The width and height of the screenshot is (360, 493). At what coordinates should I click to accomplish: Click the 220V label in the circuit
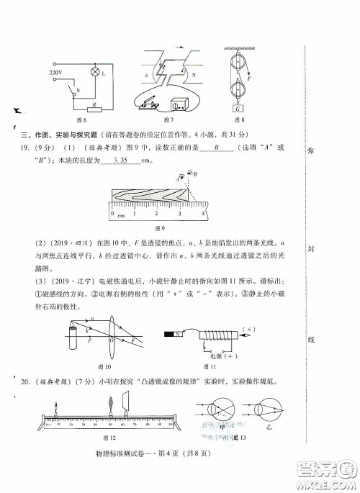[55, 73]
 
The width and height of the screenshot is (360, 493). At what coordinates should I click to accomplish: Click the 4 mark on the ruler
[204, 213]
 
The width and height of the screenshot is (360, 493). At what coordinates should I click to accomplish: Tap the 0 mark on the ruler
[113, 213]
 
